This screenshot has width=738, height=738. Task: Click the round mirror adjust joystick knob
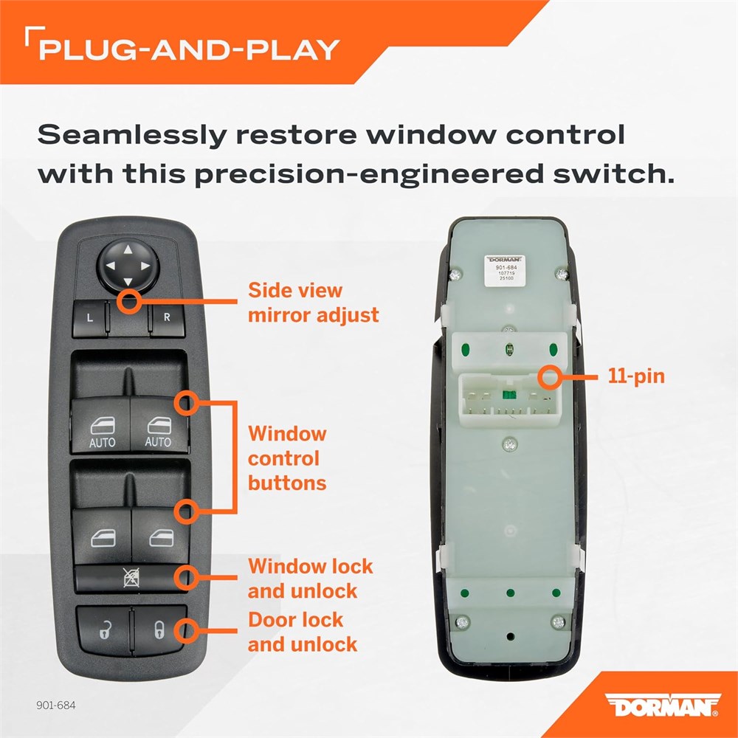pos(128,266)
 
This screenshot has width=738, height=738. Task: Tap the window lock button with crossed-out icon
pos(131,578)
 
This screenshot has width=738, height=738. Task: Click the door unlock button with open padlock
pos(104,630)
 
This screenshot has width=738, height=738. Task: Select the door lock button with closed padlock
pos(160,630)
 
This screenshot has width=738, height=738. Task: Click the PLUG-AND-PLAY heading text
pos(189,50)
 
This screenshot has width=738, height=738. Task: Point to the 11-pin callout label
pos(636,376)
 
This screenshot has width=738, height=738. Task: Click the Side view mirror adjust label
pos(313,303)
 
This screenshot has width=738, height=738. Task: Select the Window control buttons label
pos(287,458)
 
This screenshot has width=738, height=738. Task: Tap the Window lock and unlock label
pos(310,579)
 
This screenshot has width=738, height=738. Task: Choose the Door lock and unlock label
pos(302,632)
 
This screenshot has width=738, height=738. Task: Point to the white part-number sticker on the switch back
pos(505,271)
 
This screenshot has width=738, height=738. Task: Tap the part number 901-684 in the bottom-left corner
pos(55,705)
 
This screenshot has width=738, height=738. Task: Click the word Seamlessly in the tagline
pos(132,136)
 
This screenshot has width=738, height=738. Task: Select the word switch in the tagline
pos(614,173)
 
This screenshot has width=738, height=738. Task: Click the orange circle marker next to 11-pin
pos(549,377)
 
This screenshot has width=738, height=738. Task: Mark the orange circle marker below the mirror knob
pos(129,302)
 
